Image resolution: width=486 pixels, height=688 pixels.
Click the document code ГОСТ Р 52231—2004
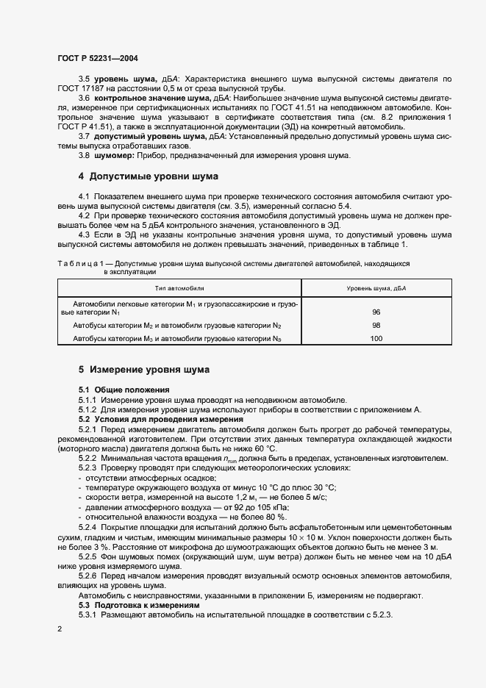click(x=97, y=57)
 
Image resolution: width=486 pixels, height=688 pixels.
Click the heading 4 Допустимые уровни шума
click(x=143, y=176)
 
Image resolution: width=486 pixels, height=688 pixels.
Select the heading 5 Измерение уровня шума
click(x=144, y=369)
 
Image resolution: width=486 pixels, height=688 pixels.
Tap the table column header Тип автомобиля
click(x=179, y=289)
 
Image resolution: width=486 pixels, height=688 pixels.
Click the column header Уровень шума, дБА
click(x=376, y=289)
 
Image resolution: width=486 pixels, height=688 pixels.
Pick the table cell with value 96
click(x=376, y=312)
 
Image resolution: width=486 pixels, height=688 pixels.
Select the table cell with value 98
click(x=376, y=325)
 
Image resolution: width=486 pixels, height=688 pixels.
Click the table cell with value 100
click(x=376, y=338)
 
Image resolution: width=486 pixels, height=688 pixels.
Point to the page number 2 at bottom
click(x=60, y=629)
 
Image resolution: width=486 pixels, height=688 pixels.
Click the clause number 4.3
click(x=85, y=235)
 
